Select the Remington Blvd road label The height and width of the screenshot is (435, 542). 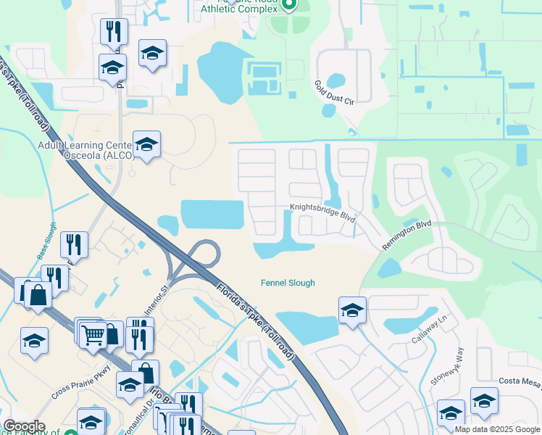tap(406, 235)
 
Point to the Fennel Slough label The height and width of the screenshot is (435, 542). tap(288, 283)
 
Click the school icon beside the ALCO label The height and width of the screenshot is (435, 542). tap(146, 144)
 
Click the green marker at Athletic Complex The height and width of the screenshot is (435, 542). tap(288, 6)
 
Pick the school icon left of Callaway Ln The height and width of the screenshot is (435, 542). tap(352, 310)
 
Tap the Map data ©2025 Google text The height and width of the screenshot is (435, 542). tap(497, 429)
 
